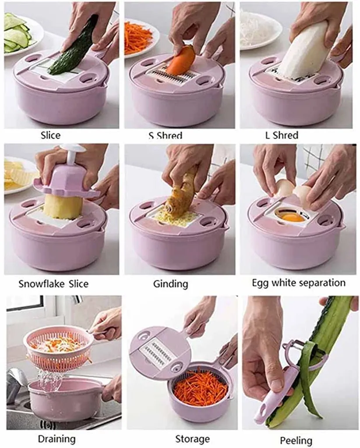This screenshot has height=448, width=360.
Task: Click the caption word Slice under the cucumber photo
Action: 51,135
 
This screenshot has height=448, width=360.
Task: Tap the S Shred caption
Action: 165,136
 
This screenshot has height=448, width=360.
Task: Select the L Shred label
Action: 282,135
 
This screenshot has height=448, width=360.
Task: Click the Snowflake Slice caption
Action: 53,283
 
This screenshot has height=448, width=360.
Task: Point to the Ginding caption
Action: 171,284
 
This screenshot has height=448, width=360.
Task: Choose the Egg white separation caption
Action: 299,283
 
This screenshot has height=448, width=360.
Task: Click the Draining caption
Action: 57,439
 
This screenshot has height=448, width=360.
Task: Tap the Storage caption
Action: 192,439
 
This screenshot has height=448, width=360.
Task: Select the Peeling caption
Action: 296,440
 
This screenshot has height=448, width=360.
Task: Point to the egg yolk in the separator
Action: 292,218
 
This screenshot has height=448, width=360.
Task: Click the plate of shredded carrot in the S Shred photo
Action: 139,37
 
